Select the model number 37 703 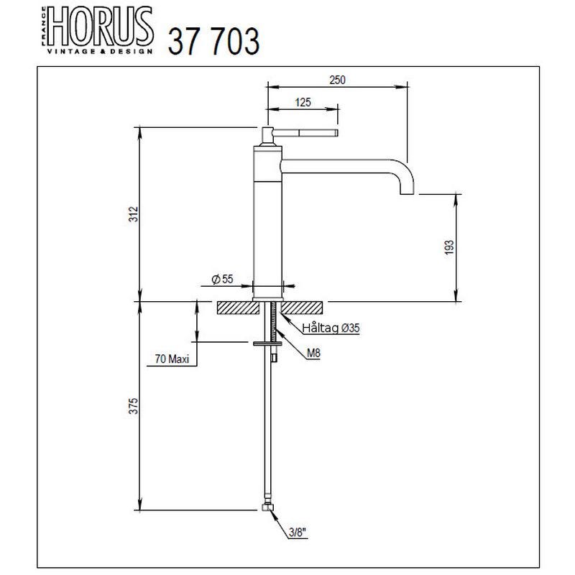[213, 42]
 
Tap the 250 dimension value [337, 80]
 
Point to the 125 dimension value [303, 102]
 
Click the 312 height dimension [134, 214]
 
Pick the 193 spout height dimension [448, 247]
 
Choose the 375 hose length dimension [134, 406]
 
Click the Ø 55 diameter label [222, 279]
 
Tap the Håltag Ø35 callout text [331, 328]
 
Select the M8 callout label [313, 353]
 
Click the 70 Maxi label [172, 359]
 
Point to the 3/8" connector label [298, 532]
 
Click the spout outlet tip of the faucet [407, 193]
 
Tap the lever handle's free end [336, 133]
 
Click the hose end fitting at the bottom [268, 507]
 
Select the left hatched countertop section [238, 308]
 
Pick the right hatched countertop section [302, 308]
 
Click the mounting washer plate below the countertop [267, 344]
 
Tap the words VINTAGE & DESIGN [100, 51]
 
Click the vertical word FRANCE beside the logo [43, 26]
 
